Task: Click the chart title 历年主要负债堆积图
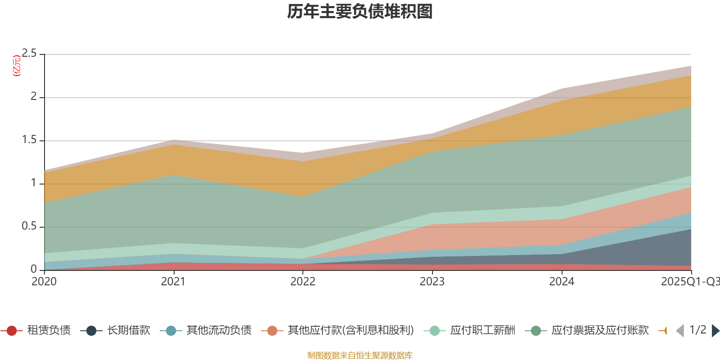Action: click(360, 12)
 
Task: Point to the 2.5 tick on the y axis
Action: click(29, 54)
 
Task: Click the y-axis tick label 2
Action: click(33, 96)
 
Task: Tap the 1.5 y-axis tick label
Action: click(29, 140)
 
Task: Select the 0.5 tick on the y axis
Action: click(29, 226)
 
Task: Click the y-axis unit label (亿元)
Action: click(17, 66)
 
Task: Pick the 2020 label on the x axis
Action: click(44, 282)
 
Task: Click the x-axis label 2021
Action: click(173, 282)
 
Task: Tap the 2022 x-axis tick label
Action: click(302, 282)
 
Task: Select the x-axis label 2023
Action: click(432, 282)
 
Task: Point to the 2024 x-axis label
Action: click(561, 282)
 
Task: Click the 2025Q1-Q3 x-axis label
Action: click(689, 282)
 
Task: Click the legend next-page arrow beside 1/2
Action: click(715, 331)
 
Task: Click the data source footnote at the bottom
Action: click(360, 355)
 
